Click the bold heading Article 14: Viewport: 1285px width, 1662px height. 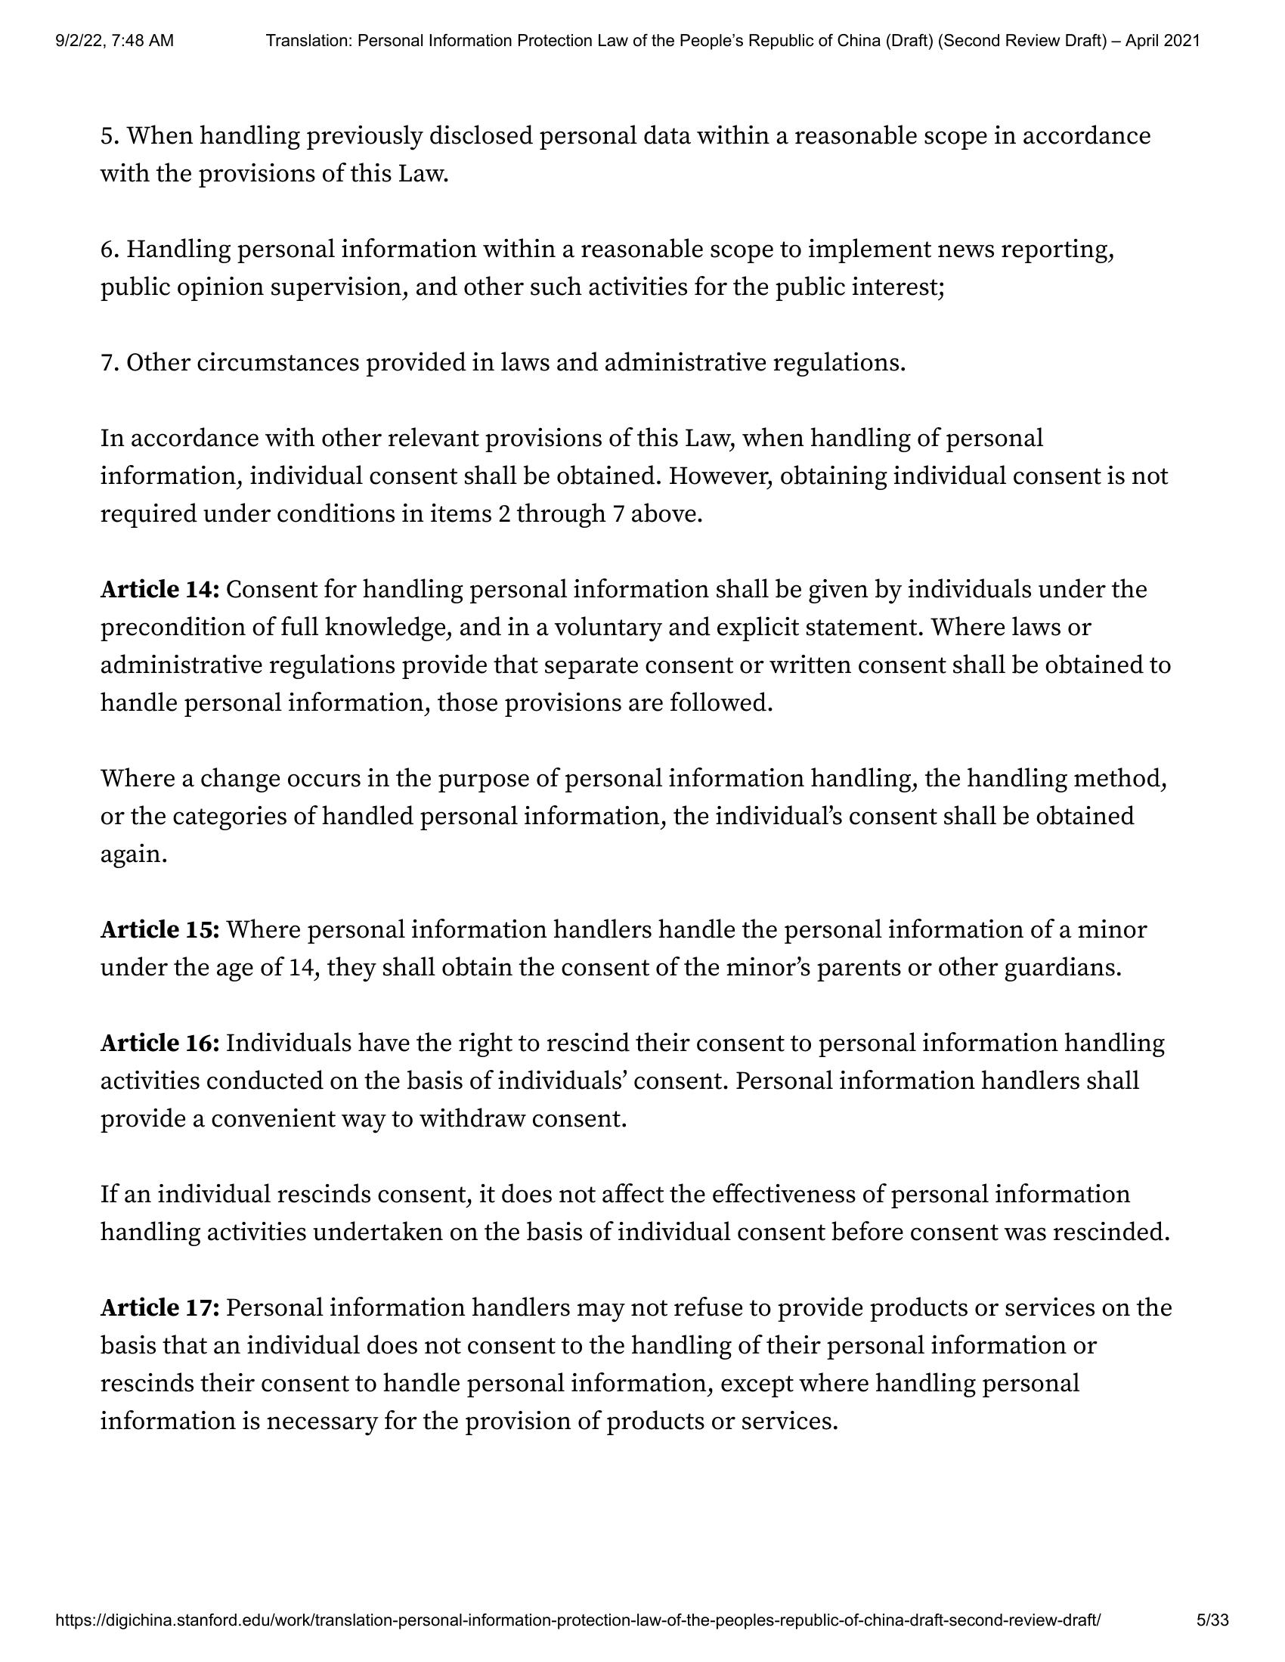(x=159, y=590)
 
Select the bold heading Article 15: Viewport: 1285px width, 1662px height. (x=159, y=930)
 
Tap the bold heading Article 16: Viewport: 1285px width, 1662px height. (x=159, y=1043)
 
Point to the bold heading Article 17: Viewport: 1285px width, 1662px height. (x=159, y=1308)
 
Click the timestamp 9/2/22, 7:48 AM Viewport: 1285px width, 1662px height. (x=115, y=41)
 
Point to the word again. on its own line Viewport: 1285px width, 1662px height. (x=133, y=854)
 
